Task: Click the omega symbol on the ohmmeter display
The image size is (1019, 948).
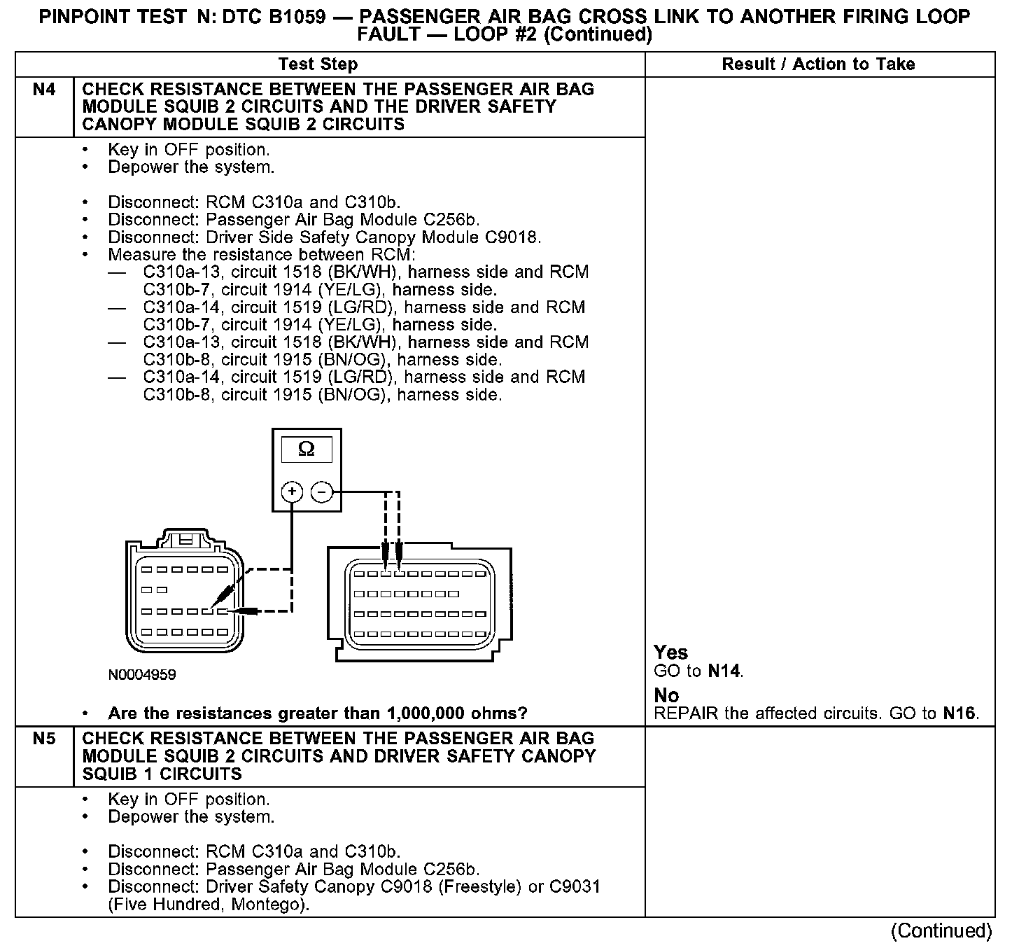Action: [x=307, y=449]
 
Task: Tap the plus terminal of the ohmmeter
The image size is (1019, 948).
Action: [x=292, y=492]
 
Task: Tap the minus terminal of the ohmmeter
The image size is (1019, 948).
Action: [x=321, y=492]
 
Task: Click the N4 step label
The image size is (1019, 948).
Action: [x=44, y=90]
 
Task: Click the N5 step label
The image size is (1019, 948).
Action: [x=44, y=739]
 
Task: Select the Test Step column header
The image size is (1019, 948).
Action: [x=318, y=64]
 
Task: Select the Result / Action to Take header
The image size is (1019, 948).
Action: [x=818, y=64]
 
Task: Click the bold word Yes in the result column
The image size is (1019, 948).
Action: [x=670, y=653]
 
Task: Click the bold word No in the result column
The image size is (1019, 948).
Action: [x=666, y=695]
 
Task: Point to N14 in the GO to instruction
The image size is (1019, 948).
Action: [x=724, y=671]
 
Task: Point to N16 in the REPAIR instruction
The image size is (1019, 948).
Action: [x=959, y=713]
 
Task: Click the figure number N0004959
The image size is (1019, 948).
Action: [x=142, y=675]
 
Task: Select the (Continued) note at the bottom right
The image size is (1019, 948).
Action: [x=941, y=930]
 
